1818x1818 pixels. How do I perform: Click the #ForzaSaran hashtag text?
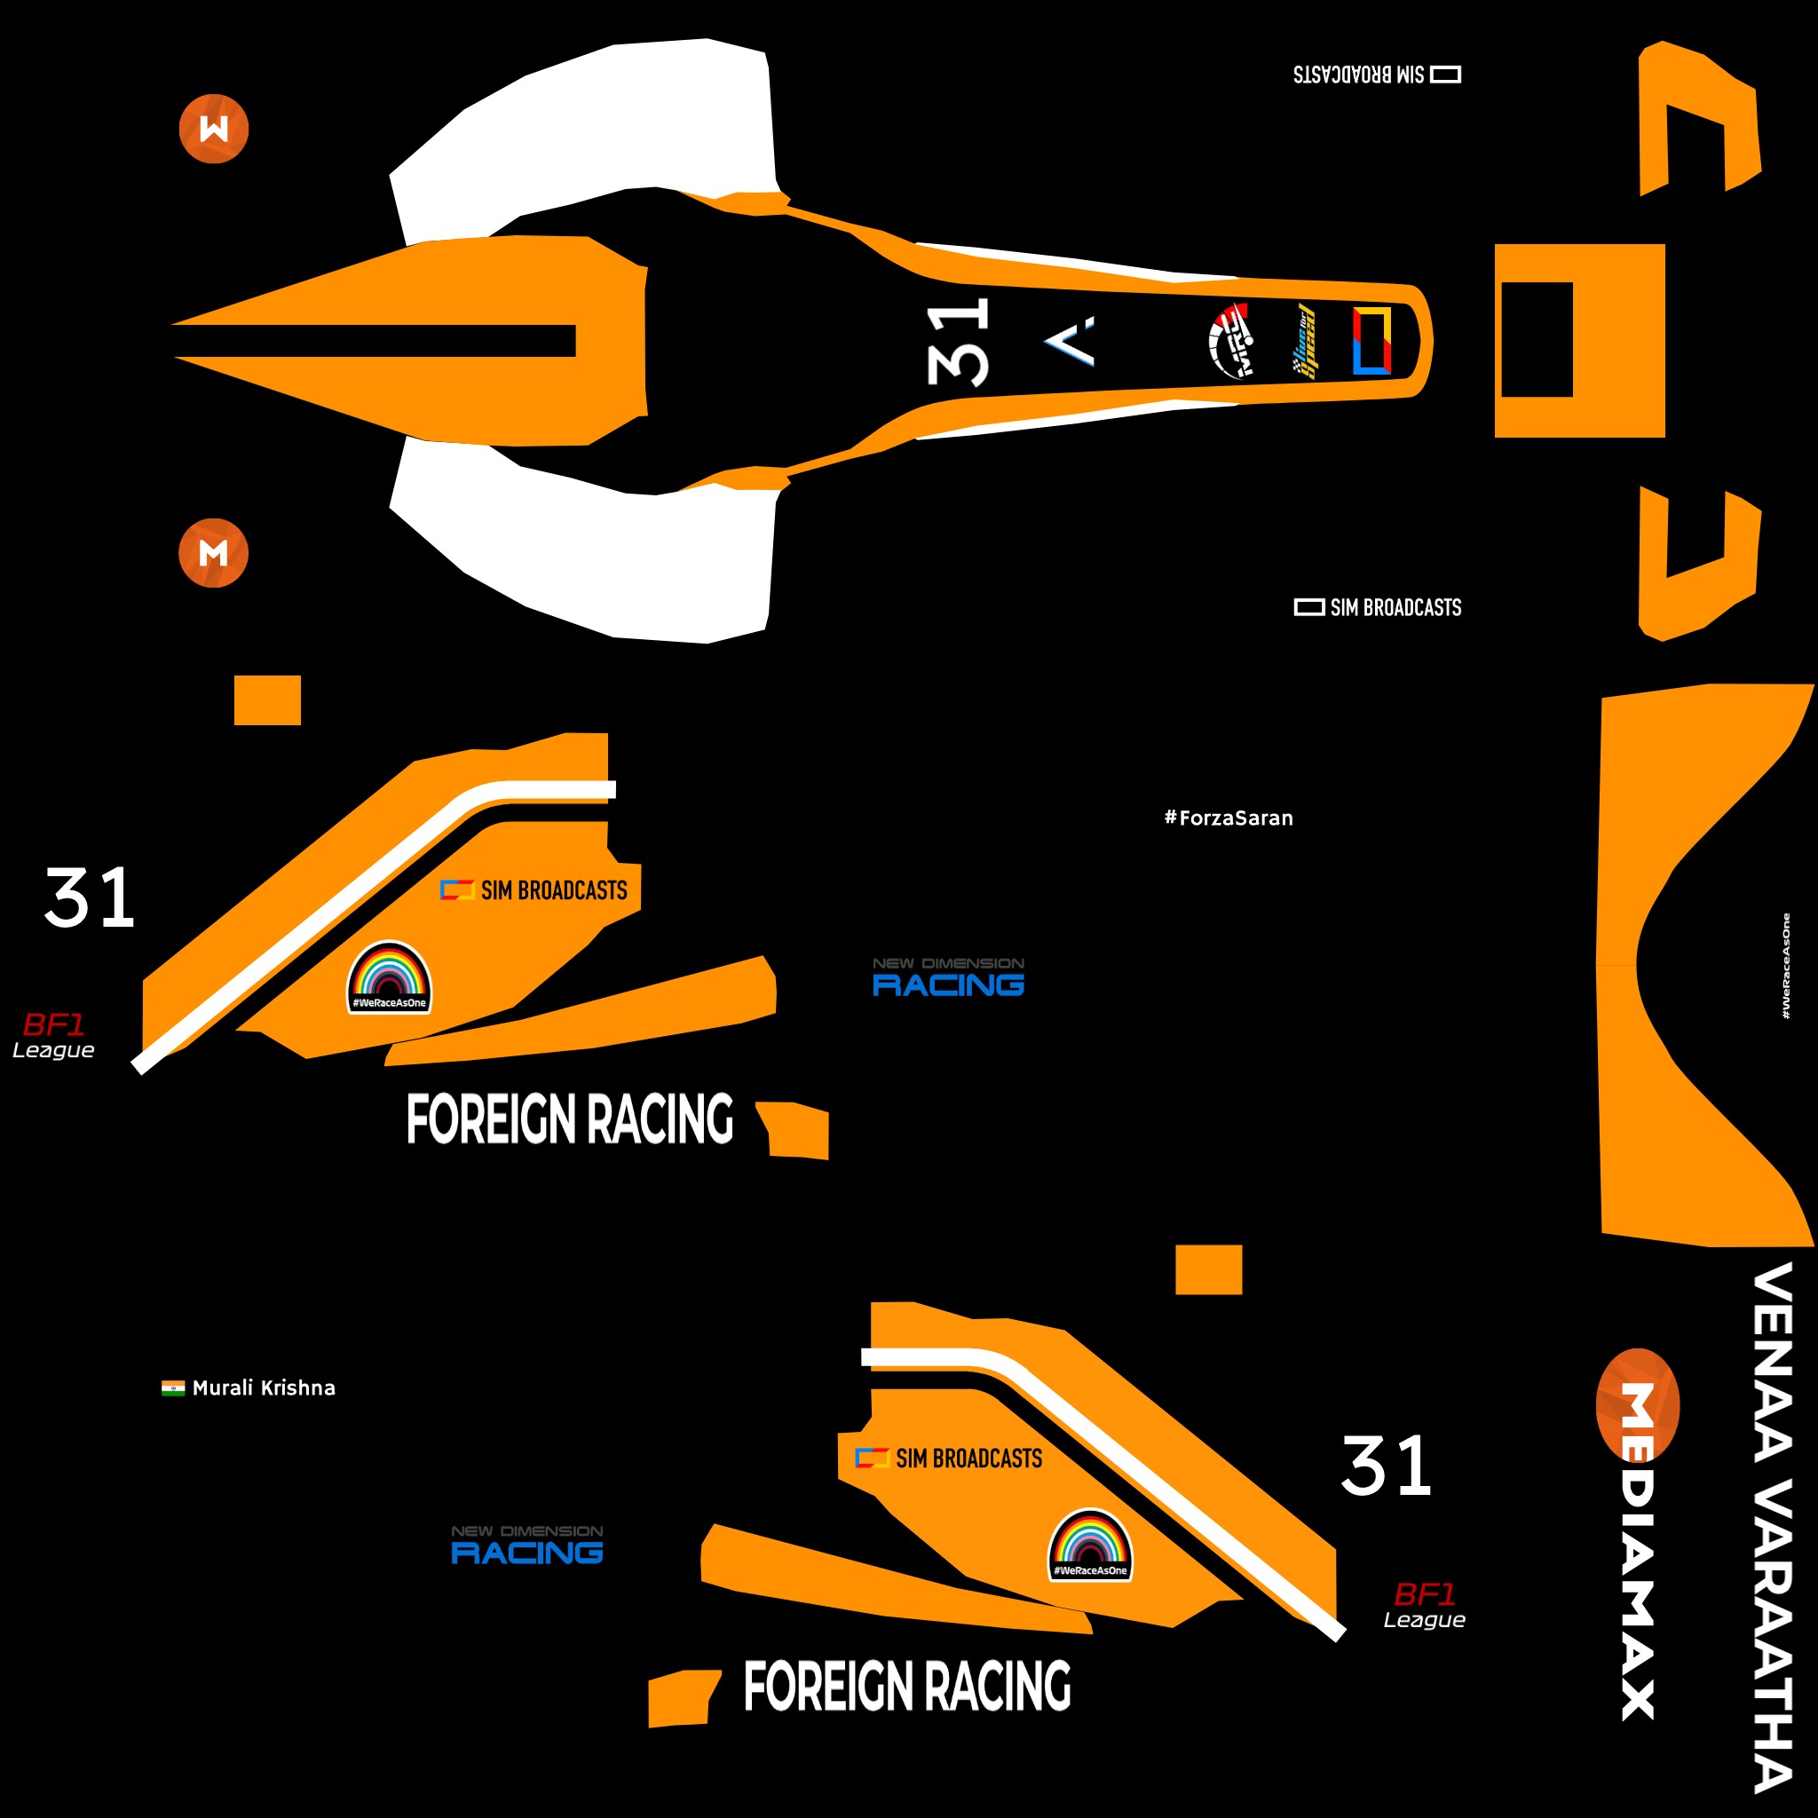point(1228,818)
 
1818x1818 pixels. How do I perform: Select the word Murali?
point(224,1388)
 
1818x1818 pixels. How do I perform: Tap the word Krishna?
point(298,1388)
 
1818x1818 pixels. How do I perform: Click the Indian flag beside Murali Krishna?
point(173,1388)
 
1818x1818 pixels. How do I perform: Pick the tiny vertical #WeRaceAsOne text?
point(1785,966)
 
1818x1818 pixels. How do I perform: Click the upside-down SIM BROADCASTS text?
point(1359,75)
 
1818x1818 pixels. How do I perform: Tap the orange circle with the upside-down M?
point(214,129)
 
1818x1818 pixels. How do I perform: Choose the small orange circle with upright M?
point(214,553)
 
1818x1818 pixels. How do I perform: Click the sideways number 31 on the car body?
point(958,342)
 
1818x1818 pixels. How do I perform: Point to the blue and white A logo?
point(1071,341)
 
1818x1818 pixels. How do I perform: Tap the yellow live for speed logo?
point(1303,341)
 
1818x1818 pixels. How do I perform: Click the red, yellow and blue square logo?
point(1371,341)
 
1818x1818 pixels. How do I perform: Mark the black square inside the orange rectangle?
point(1537,340)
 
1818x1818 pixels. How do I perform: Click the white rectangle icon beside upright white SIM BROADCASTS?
point(1309,608)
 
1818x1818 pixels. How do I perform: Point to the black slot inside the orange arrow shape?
point(376,341)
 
